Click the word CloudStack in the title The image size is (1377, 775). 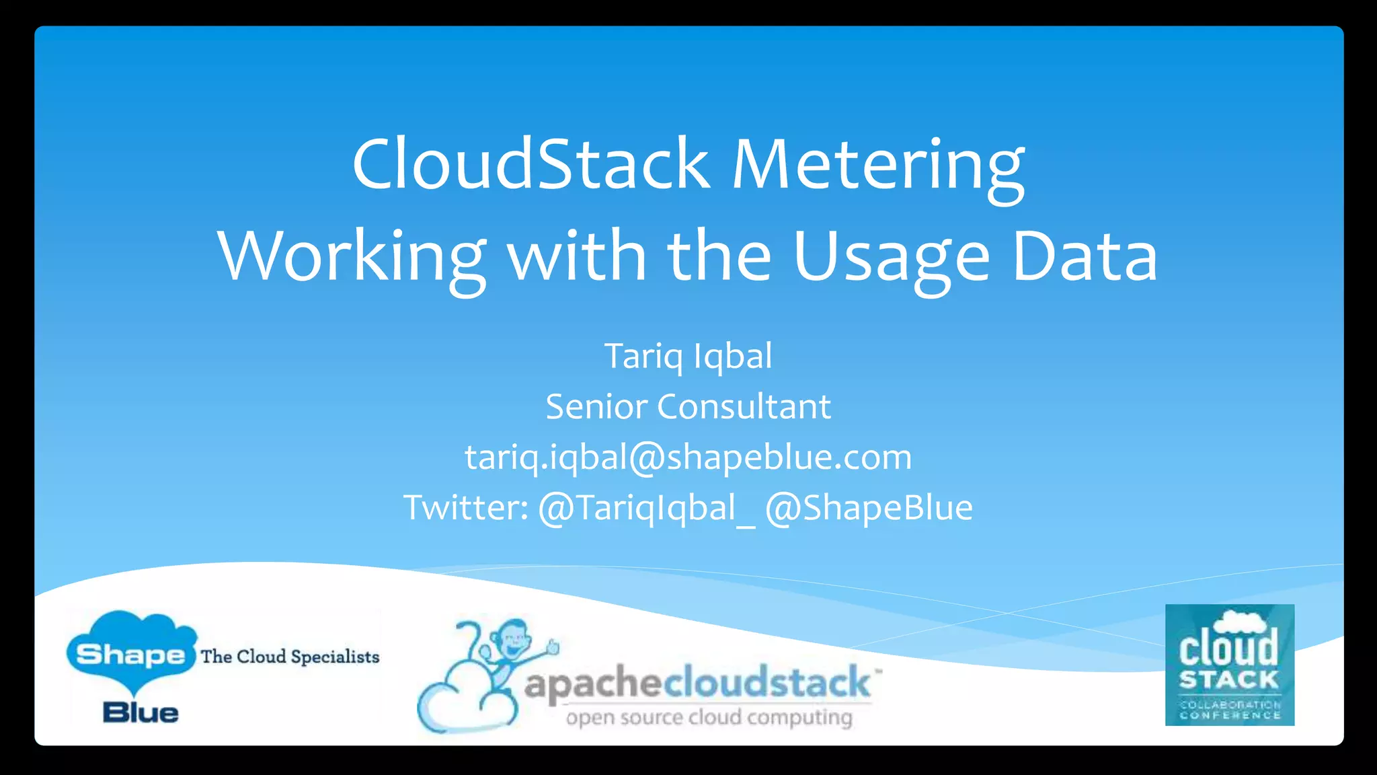(x=531, y=165)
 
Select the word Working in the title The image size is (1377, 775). (x=352, y=258)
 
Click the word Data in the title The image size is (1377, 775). (x=1085, y=258)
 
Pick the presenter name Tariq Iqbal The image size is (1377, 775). (x=688, y=356)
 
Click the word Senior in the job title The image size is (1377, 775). (x=596, y=407)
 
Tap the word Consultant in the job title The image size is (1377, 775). (x=744, y=407)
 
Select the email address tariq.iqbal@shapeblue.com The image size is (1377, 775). (x=688, y=457)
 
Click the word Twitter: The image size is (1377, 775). (x=465, y=508)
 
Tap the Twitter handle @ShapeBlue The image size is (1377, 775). (x=869, y=508)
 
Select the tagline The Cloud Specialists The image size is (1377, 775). (x=290, y=657)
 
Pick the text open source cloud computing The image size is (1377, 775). (x=709, y=718)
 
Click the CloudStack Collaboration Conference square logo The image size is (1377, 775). (x=1229, y=665)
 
